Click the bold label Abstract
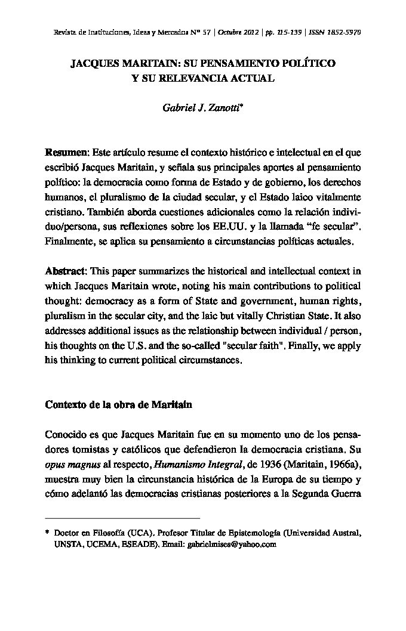point(66,270)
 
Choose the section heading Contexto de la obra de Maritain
point(118,404)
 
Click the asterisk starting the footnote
point(47,531)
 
